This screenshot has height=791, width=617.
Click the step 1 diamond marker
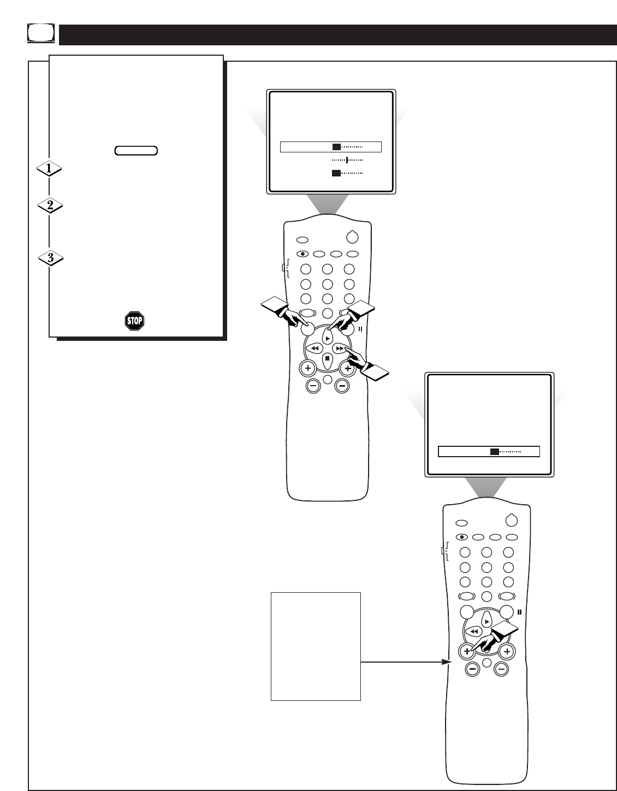pyautogui.click(x=49, y=169)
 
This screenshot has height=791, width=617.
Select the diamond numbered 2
pyautogui.click(x=50, y=206)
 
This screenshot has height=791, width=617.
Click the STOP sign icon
pyautogui.click(x=135, y=320)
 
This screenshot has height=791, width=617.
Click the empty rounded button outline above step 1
pyautogui.click(x=137, y=150)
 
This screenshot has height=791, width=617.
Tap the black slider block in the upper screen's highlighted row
pyautogui.click(x=336, y=146)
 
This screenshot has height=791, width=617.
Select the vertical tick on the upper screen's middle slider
pyautogui.click(x=347, y=160)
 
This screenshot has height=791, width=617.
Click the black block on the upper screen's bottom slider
pyautogui.click(x=336, y=173)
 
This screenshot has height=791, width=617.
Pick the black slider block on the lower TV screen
pyautogui.click(x=494, y=452)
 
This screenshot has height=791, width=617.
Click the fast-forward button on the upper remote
pyautogui.click(x=340, y=348)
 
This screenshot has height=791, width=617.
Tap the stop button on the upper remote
pyautogui.click(x=327, y=359)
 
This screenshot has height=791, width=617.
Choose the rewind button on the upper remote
pyautogui.click(x=314, y=348)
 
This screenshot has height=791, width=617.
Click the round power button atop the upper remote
pyautogui.click(x=353, y=238)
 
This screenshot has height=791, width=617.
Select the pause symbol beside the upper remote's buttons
pyautogui.click(x=360, y=329)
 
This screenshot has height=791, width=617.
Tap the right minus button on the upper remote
pyautogui.click(x=342, y=386)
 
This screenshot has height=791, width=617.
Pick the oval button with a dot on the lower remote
pyautogui.click(x=462, y=536)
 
